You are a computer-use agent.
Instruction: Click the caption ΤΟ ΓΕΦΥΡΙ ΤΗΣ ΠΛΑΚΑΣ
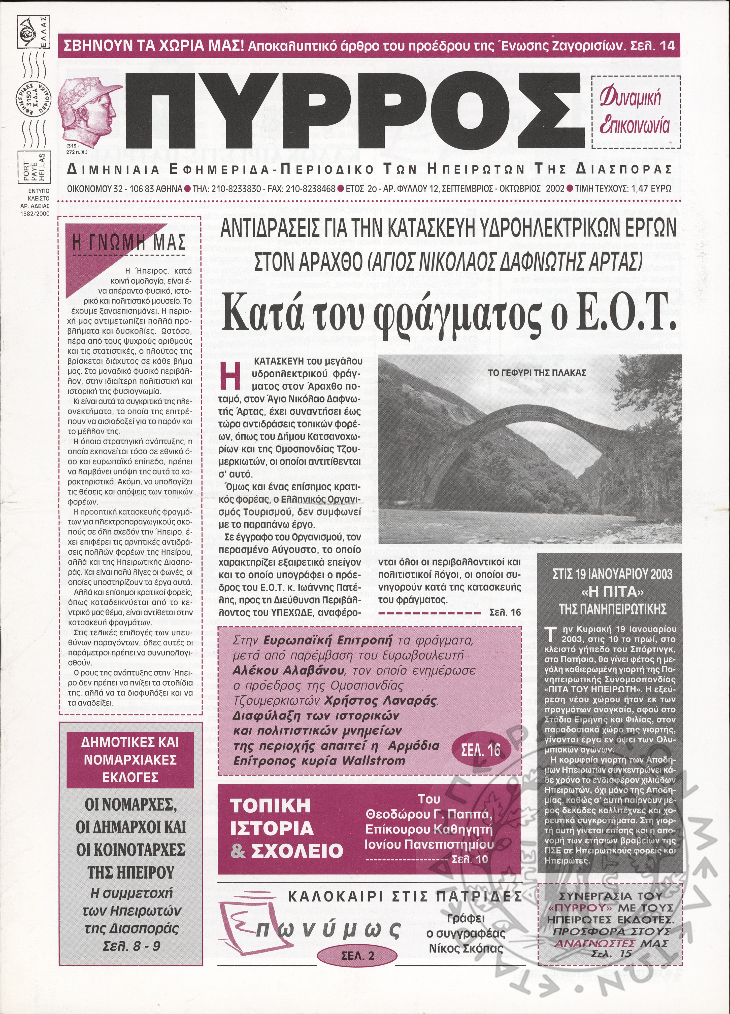(x=537, y=372)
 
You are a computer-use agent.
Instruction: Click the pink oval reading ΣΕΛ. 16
(x=481, y=750)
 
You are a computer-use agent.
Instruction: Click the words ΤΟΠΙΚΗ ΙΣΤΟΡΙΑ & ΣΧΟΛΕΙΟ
(x=286, y=828)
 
